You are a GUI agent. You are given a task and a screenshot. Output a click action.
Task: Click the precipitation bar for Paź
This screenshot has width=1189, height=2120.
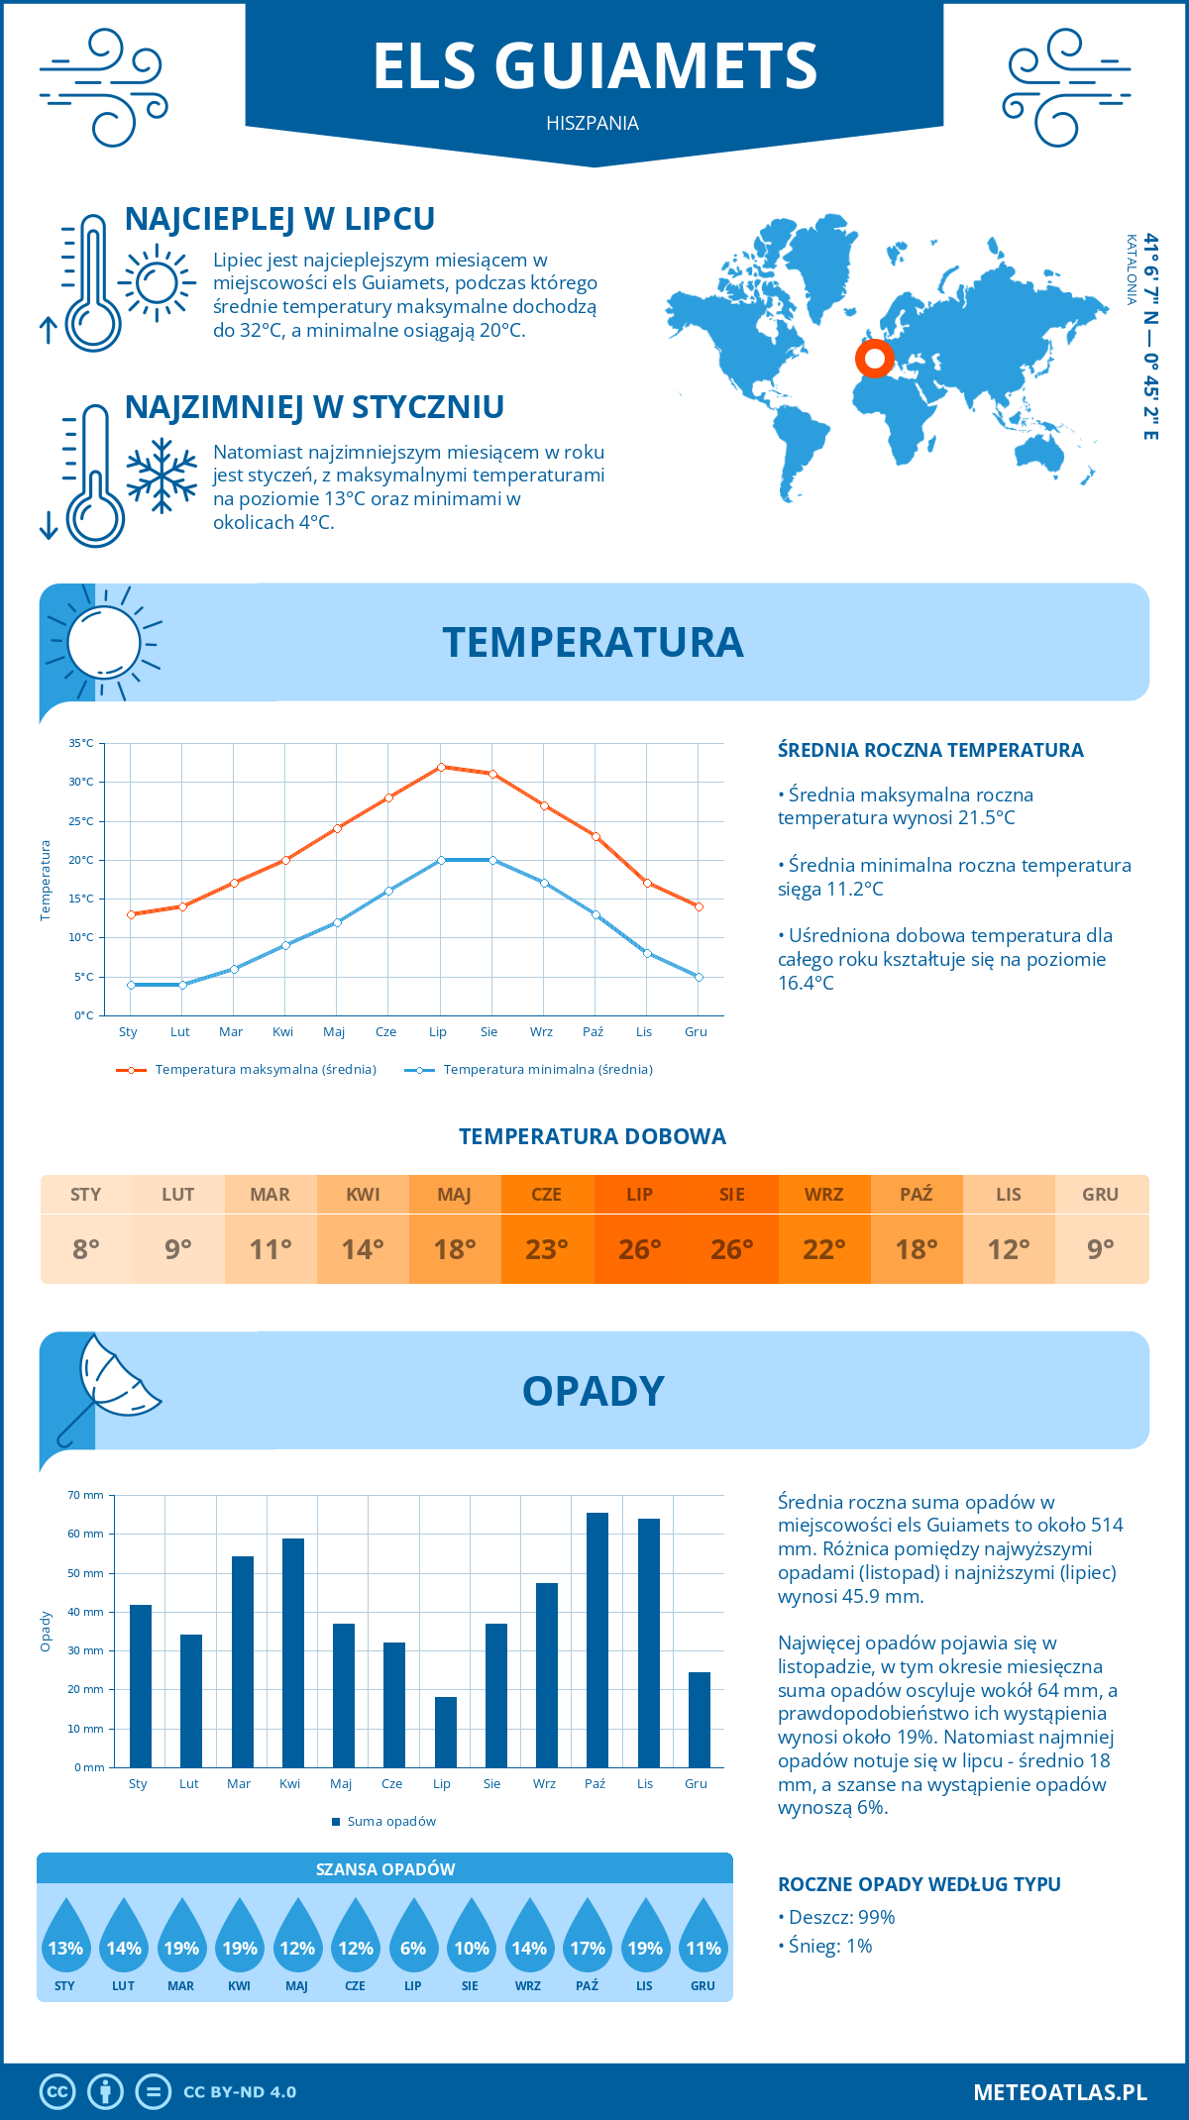coord(596,1640)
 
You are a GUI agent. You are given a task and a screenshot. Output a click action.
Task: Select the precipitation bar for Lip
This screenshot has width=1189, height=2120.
coord(445,1732)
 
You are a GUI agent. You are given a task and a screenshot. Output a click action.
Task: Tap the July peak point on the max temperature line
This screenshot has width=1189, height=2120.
coord(441,767)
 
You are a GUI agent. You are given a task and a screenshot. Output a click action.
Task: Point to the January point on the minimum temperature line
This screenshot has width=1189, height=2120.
coord(131,985)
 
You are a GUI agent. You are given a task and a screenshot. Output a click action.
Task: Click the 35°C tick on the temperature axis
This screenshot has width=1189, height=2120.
coord(81,743)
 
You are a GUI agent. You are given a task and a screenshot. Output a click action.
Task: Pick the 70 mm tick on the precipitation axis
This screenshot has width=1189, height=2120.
coord(86,1495)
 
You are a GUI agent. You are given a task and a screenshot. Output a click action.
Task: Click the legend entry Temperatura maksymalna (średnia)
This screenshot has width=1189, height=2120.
coord(246,1070)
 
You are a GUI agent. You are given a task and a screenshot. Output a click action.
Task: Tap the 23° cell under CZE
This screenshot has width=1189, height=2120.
coord(547,1249)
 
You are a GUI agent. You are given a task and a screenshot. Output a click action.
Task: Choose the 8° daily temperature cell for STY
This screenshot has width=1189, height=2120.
coord(86,1249)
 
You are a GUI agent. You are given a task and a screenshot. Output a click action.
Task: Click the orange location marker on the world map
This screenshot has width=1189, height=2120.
coord(875,358)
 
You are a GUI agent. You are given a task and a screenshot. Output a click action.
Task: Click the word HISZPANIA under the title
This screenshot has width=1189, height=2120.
coord(593,123)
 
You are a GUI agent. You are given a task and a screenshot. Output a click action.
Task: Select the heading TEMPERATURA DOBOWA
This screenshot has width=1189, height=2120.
coord(593,1136)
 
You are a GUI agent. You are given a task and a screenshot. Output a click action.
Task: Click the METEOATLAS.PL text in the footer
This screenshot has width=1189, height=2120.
coord(1059,2091)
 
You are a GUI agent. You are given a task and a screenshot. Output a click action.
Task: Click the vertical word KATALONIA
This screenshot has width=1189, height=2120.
coord(1131,269)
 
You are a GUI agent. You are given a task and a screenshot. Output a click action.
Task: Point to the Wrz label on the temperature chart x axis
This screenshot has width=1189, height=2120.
coord(541,1032)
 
